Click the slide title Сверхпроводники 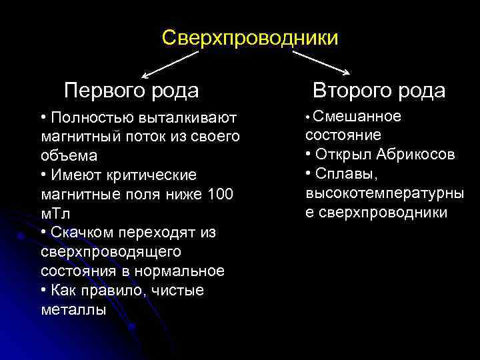tap(250, 37)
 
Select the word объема tap(69, 156)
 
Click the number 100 tap(220, 194)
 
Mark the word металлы tap(73, 309)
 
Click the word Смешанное tap(356, 117)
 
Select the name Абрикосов tap(416, 155)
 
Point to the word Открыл tap(345, 155)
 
